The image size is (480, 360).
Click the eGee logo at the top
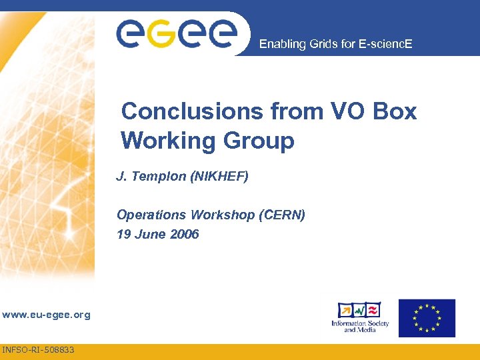coord(176,33)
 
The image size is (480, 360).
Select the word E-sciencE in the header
coord(387,45)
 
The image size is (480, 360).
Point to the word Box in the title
coord(395,111)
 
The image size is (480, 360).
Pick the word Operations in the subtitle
coord(151,215)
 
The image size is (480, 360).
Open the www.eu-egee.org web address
coord(46,315)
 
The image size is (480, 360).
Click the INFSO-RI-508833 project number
coord(39,349)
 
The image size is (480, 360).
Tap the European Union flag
coord(427,318)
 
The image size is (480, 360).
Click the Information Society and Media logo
coord(360,318)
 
